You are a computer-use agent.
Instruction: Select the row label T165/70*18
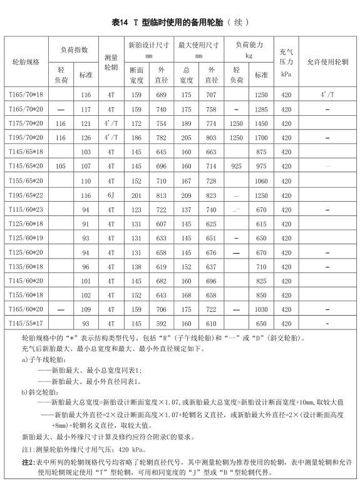coord(26,95)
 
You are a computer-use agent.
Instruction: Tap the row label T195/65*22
coord(26,195)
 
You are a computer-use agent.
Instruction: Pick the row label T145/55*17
coord(26,324)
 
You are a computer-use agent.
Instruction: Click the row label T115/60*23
coord(26,210)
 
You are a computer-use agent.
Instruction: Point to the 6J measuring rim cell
coord(111,195)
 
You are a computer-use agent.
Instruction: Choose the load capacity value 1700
coord(261,138)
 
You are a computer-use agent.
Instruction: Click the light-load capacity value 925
coord(236,167)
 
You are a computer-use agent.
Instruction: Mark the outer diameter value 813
coord(161,195)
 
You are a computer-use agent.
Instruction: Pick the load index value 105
coord(61,167)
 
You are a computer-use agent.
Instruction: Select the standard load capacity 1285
coord(261,109)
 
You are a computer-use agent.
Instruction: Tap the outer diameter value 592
coord(161,324)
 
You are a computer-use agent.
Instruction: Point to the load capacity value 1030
coord(261,309)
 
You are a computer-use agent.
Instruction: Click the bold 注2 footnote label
coord(28,462)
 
